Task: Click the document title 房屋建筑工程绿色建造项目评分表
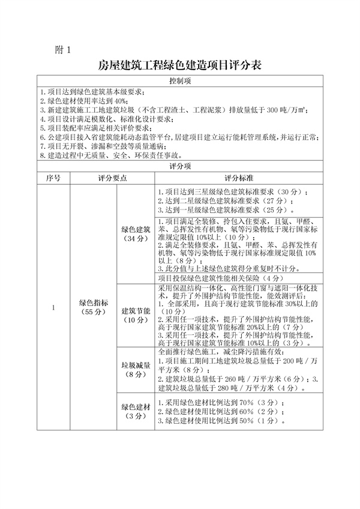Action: (179, 64)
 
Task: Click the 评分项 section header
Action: (179, 166)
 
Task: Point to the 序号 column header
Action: (53, 178)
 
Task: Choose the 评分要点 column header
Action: (113, 178)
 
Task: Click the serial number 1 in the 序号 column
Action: (53, 308)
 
